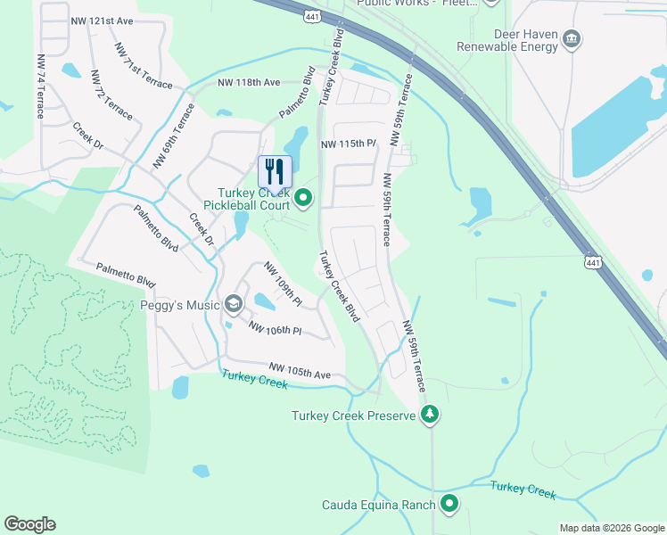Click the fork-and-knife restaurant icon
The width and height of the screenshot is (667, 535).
pyautogui.click(x=275, y=170)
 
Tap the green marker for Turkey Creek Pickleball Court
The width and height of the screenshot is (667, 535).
pyautogui.click(x=303, y=198)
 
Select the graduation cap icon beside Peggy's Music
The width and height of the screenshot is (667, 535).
pyautogui.click(x=233, y=305)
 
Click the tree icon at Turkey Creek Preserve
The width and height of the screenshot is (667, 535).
pyautogui.click(x=430, y=415)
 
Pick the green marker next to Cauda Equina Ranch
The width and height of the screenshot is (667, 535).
pyautogui.click(x=449, y=505)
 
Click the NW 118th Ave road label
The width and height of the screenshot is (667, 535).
pyautogui.click(x=249, y=83)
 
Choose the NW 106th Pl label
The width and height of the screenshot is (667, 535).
pyautogui.click(x=276, y=329)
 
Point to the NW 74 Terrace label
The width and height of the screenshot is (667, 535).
pyautogui.click(x=40, y=86)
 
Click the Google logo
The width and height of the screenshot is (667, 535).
pyautogui.click(x=29, y=524)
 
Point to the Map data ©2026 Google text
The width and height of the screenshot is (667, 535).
pyautogui.click(x=612, y=528)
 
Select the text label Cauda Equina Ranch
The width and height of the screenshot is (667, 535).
pyautogui.click(x=379, y=505)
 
